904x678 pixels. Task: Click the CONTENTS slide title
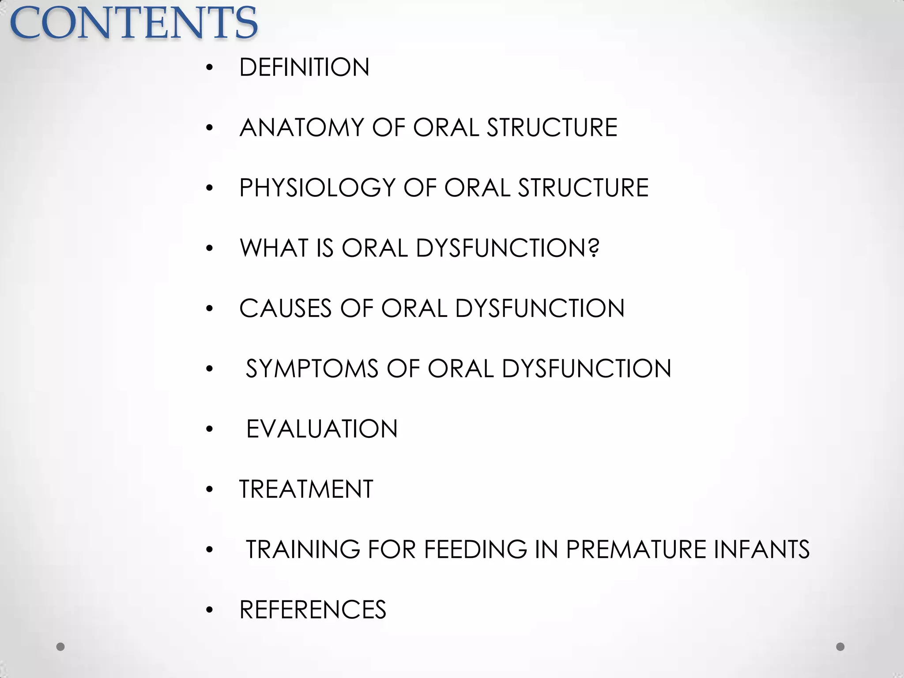[133, 23]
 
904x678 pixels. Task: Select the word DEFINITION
[304, 68]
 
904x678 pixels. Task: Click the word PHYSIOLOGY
[317, 188]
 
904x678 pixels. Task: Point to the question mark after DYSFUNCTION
[594, 248]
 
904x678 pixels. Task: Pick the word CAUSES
[285, 308]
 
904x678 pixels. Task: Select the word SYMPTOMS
[312, 369]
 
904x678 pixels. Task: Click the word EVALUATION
[322, 429]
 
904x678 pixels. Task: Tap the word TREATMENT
[306, 489]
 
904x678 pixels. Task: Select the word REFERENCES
[313, 610]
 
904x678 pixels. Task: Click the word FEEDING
[475, 550]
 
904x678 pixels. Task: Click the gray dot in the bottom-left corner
[60, 647]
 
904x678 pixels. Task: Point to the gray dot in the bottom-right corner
[840, 647]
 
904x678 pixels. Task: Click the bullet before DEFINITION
[209, 68]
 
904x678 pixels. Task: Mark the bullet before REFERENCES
[209, 610]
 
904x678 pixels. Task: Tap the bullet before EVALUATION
[209, 429]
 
